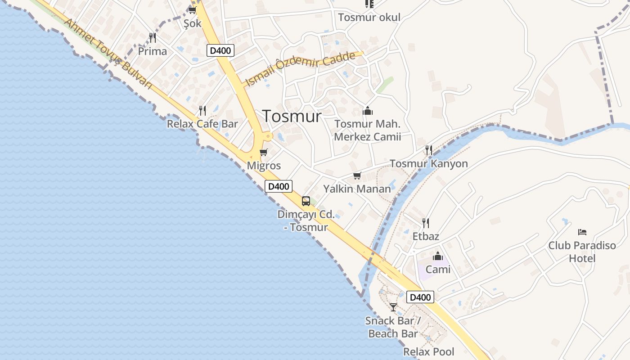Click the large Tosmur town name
[x=292, y=117]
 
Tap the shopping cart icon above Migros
[x=264, y=153]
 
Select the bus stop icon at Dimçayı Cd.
[x=306, y=201]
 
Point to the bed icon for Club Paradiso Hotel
[x=582, y=232]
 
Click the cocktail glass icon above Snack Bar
[x=393, y=307]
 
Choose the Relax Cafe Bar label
[x=202, y=124]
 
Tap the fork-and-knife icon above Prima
[x=153, y=37]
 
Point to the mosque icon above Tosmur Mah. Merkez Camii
[x=368, y=111]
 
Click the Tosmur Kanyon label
[x=428, y=164]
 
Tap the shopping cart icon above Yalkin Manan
[x=357, y=175]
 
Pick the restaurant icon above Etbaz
[x=425, y=223]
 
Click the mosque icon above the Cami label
[x=438, y=256]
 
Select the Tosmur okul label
[x=369, y=18]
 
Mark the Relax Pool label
[x=428, y=352]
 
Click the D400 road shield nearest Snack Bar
[x=420, y=297]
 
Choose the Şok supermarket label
[x=193, y=23]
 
